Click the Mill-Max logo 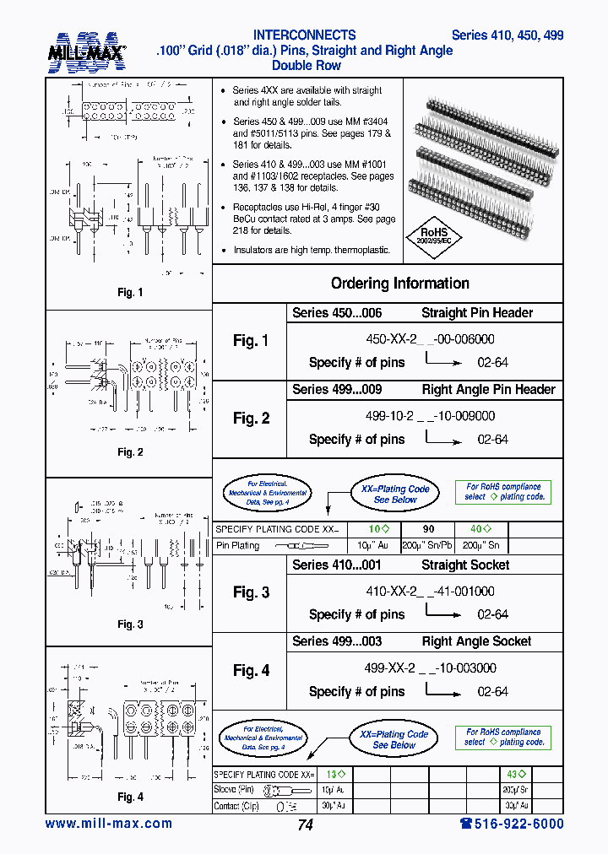pyautogui.click(x=86, y=52)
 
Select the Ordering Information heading pyautogui.click(x=399, y=284)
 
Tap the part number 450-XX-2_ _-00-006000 pyautogui.click(x=430, y=339)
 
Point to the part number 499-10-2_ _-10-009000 pyautogui.click(x=430, y=416)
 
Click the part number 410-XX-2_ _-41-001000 pyautogui.click(x=430, y=592)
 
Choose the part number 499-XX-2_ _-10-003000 pyautogui.click(x=430, y=668)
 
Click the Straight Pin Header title pyautogui.click(x=477, y=313)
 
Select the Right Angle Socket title pyautogui.click(x=476, y=641)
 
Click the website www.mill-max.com pyautogui.click(x=108, y=824)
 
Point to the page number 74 pyautogui.click(x=305, y=825)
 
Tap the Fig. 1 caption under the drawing pyautogui.click(x=130, y=293)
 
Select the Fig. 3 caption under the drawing pyautogui.click(x=130, y=624)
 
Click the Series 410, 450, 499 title pyautogui.click(x=508, y=35)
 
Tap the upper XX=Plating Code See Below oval pyautogui.click(x=395, y=494)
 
